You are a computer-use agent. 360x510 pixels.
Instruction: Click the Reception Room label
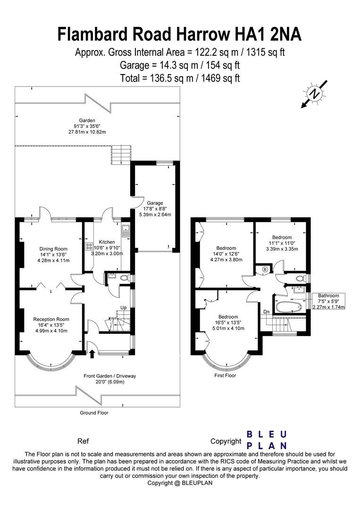coord(50,325)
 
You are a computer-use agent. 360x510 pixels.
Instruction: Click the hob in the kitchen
coord(88,246)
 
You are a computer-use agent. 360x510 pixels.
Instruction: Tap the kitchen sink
coord(125,231)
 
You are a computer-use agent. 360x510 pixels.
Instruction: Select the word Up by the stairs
coord(124,307)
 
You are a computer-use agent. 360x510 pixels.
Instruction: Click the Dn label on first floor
coord(267,311)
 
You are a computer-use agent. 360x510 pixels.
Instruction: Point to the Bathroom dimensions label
coord(328,301)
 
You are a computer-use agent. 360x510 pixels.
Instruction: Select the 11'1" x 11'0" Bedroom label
coord(282,243)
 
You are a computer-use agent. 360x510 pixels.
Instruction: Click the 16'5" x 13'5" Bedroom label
coord(227,323)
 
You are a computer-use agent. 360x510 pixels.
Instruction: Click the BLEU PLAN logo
coord(267,440)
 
